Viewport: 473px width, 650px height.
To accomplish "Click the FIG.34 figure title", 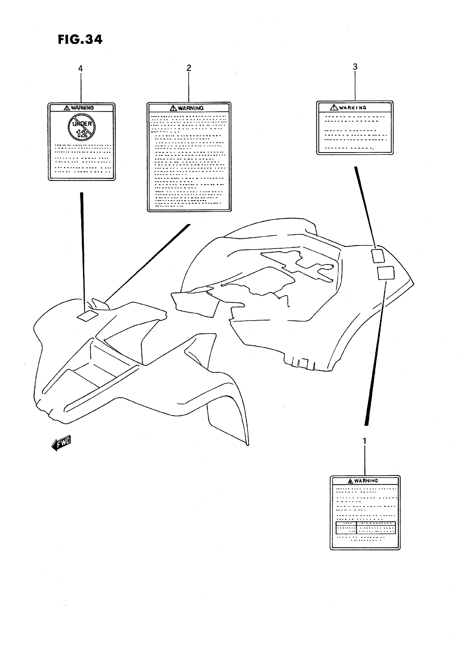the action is click(80, 40).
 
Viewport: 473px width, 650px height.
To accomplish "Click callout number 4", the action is click(80, 69).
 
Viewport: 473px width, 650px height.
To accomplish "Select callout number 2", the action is click(189, 68).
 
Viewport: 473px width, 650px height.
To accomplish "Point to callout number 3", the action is click(355, 67).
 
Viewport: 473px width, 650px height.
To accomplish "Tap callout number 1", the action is click(364, 441).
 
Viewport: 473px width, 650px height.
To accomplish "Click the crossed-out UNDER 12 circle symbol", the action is click(82, 127).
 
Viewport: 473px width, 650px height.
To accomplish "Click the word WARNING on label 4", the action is click(82, 108).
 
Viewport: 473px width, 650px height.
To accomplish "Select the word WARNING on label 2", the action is click(191, 108).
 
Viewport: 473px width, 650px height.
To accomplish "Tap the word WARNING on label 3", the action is click(353, 108).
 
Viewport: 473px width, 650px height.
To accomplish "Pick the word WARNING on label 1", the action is click(366, 481).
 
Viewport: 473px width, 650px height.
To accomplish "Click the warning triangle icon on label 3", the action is click(334, 108).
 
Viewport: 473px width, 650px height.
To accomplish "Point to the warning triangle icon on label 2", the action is click(173, 108).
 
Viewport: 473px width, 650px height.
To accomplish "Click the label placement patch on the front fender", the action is click(87, 315).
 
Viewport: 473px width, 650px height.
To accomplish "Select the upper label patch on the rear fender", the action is click(378, 256).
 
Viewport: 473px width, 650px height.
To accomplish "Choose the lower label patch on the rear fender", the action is click(386, 273).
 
